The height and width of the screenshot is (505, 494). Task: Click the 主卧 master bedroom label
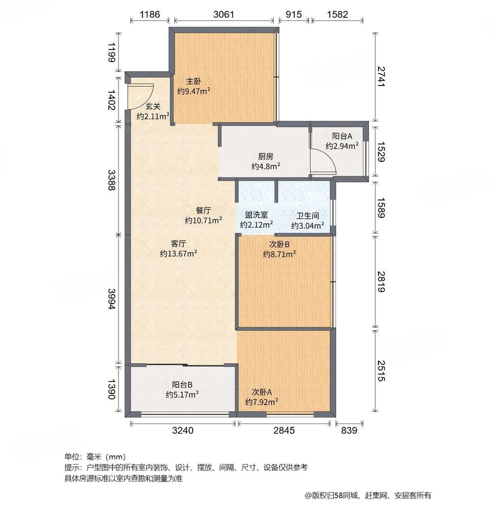[194, 81]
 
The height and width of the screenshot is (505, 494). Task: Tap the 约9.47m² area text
[194, 91]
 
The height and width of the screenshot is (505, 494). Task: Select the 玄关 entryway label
[153, 106]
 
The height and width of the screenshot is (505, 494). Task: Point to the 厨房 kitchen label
[266, 156]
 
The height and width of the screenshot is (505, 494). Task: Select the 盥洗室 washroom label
[257, 215]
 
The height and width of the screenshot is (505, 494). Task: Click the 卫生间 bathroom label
[307, 216]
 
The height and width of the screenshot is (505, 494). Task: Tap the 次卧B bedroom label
[279, 244]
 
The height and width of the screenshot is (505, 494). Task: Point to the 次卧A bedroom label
[262, 392]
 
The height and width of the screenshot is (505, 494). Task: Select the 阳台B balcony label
[182, 385]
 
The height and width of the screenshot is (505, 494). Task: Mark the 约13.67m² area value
[178, 253]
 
